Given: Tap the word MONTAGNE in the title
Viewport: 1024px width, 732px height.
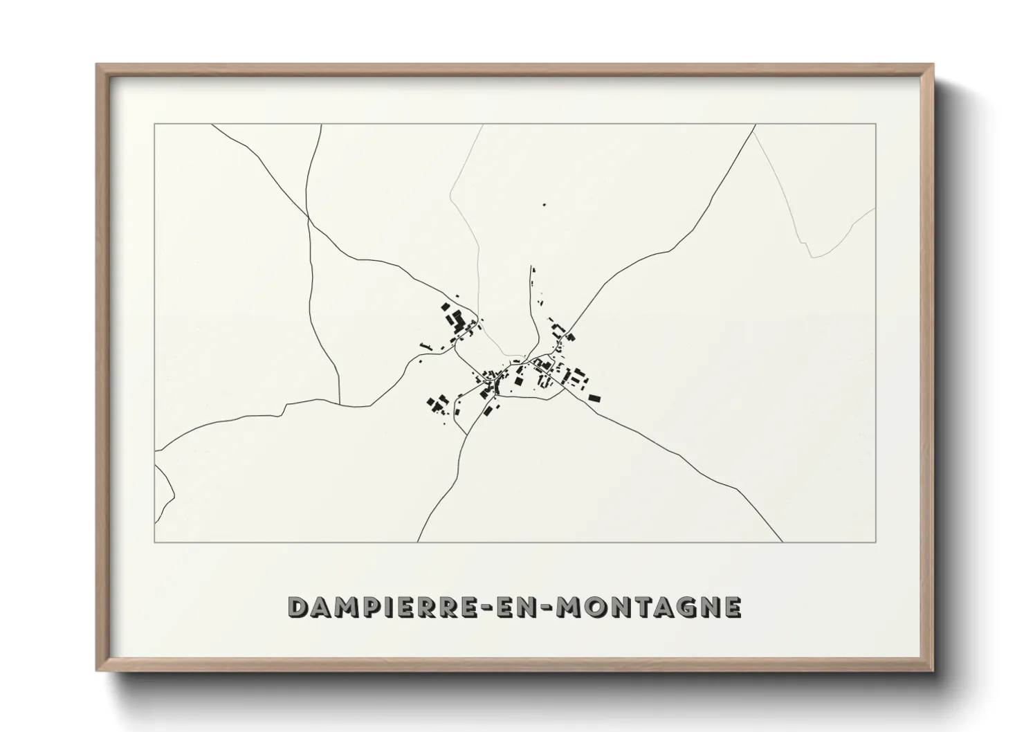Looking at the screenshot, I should click(648, 607).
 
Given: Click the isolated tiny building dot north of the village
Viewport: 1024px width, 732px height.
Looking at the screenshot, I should click(544, 205).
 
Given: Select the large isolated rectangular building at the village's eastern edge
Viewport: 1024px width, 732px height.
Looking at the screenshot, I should click(594, 398).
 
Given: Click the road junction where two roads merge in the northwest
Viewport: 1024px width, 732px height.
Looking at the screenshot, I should click(307, 217).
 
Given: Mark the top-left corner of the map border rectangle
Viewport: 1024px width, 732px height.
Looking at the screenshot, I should click(155, 125).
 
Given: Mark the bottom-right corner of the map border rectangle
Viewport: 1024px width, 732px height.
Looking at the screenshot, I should click(876, 542).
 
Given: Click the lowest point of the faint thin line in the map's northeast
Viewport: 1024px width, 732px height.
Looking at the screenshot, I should click(812, 257).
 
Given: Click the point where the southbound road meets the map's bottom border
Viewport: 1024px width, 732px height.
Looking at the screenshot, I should click(417, 542).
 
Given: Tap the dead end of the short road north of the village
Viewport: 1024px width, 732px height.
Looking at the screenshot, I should click(531, 266).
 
